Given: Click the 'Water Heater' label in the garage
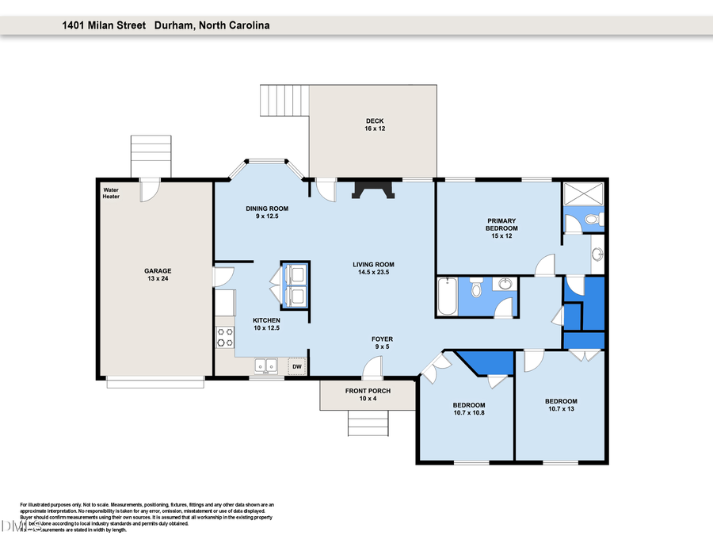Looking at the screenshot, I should tap(111, 193).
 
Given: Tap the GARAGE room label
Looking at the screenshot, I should tap(157, 274).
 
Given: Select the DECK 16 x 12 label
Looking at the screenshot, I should tap(375, 124).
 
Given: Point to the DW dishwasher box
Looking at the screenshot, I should tap(297, 366).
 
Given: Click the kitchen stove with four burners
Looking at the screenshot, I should tap(225, 338).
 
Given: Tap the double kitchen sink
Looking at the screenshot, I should tap(265, 365).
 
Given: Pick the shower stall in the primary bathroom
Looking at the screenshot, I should tap(582, 193).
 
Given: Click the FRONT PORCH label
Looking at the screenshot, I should tap(367, 395).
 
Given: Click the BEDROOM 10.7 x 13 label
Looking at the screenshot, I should tap(561, 405).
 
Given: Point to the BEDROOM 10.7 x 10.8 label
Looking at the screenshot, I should tap(469, 409).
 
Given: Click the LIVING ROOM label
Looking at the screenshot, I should tap(373, 269).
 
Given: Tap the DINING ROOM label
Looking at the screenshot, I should tap(265, 212).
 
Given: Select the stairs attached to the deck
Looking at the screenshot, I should tap(284, 101).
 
